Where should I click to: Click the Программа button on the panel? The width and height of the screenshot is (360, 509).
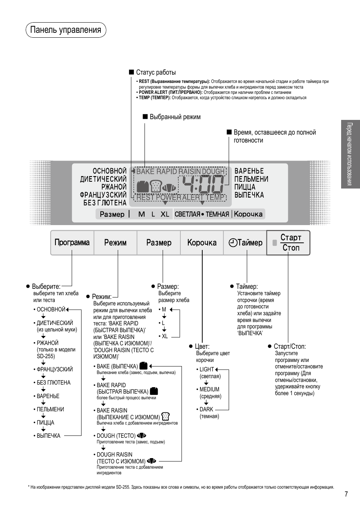[x=72, y=242]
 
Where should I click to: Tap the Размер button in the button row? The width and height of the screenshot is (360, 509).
[x=159, y=242]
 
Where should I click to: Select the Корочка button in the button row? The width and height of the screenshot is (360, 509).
[x=202, y=242]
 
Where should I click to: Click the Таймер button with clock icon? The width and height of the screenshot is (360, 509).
[x=246, y=242]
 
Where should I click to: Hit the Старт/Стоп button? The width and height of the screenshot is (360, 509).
[x=289, y=242]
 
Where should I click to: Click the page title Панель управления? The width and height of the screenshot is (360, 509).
[x=66, y=30]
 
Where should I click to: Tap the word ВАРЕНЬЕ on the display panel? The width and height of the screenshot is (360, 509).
[x=249, y=171]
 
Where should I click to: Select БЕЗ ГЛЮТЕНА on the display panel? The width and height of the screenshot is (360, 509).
[x=105, y=203]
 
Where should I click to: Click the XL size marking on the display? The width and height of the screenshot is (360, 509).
[x=165, y=214]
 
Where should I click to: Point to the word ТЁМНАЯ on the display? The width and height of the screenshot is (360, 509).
[x=217, y=214]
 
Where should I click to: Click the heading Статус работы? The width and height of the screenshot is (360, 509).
[x=155, y=72]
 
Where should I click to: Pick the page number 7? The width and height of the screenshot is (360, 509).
[x=346, y=494]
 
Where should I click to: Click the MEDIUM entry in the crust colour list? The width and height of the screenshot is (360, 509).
[x=209, y=389]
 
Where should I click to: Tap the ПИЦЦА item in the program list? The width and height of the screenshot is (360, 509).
[x=45, y=423]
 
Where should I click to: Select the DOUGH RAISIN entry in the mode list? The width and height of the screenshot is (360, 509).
[x=114, y=455]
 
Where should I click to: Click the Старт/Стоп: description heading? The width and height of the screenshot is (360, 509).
[x=289, y=346]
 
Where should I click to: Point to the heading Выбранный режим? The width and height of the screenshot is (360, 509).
[x=175, y=117]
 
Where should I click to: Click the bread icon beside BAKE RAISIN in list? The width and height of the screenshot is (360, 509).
[x=165, y=417]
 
